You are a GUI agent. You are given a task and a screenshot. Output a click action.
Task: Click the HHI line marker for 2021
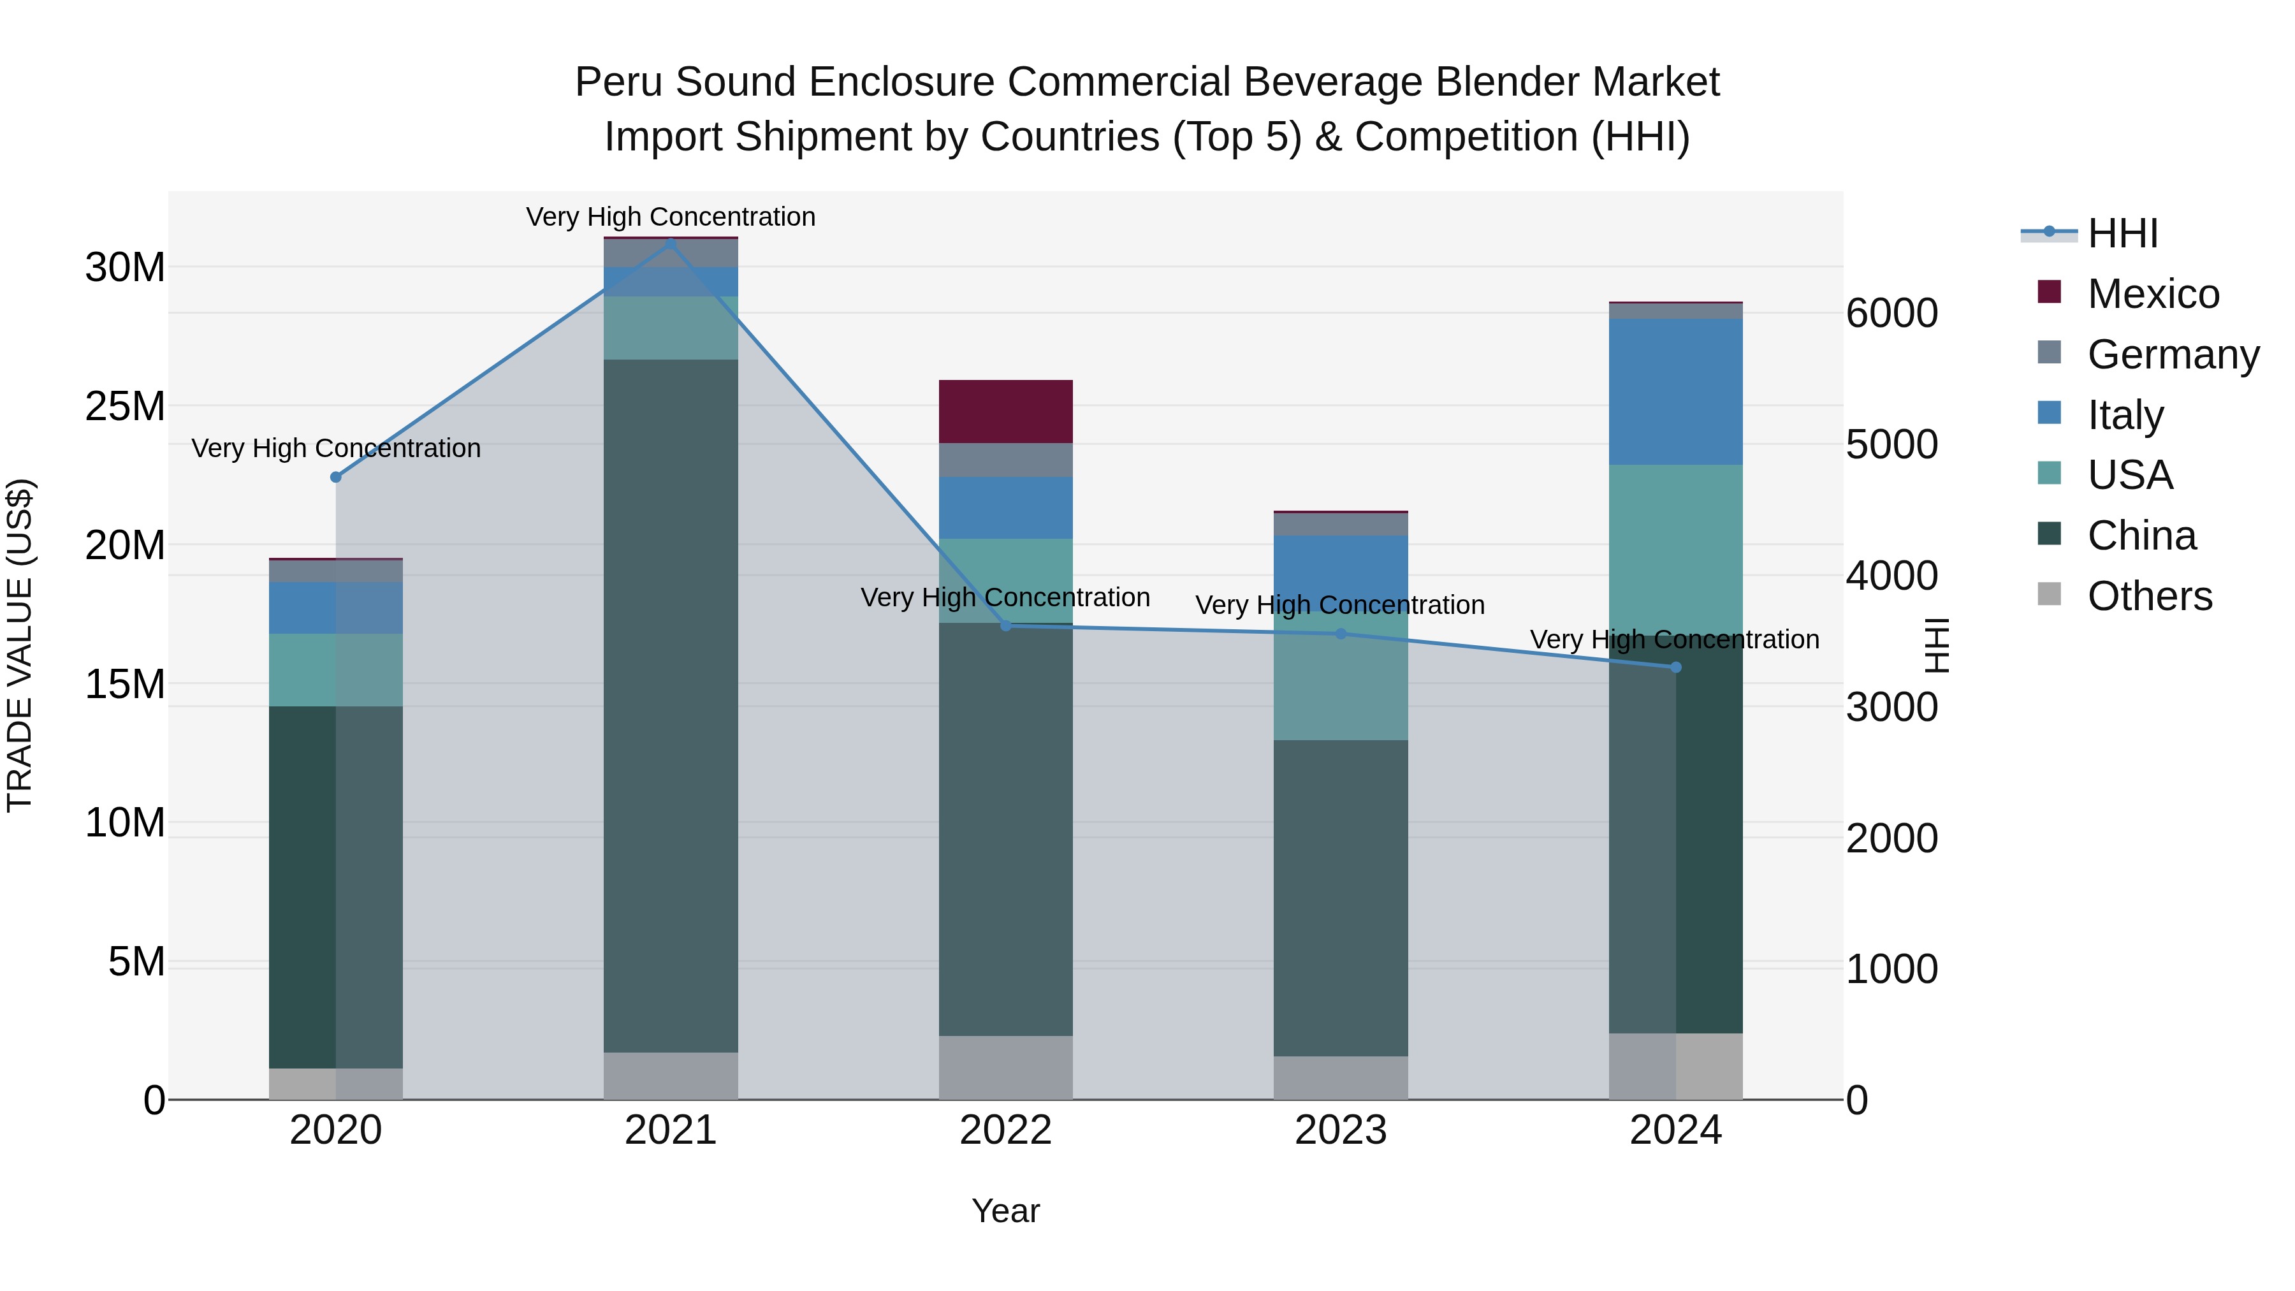(x=671, y=242)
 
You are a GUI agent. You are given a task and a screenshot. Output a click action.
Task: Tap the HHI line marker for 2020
(x=336, y=477)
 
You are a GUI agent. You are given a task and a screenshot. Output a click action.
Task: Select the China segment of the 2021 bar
(x=671, y=704)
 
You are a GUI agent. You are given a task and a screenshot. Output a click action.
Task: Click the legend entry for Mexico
(x=2152, y=294)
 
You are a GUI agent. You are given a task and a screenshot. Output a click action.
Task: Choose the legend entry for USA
(x=2129, y=475)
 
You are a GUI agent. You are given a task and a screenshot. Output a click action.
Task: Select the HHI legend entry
(x=2122, y=233)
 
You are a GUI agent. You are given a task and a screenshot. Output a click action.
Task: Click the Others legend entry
(x=2149, y=596)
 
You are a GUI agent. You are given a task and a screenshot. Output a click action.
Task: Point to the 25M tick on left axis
(x=125, y=406)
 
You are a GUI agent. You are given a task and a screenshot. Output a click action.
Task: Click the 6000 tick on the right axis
(x=1891, y=313)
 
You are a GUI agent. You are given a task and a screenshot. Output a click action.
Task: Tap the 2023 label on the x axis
(x=1340, y=1130)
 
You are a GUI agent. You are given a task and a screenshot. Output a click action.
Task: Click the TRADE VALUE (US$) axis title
(x=20, y=645)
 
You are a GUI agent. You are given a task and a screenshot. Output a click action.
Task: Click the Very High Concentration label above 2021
(x=671, y=217)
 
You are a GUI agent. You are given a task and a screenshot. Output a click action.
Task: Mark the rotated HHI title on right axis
(x=1936, y=645)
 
